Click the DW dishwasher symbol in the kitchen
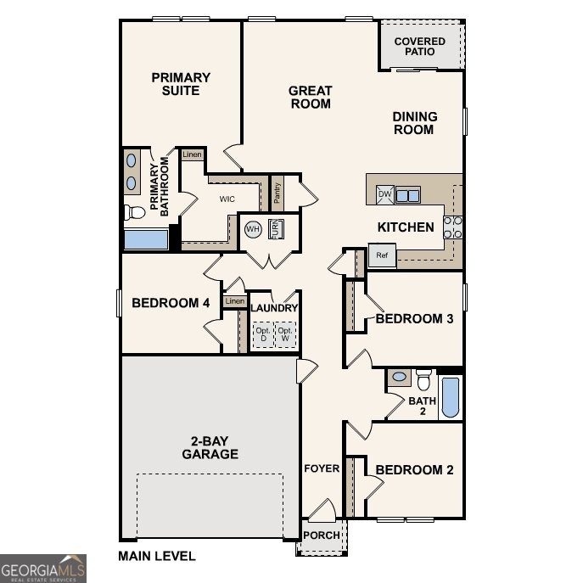point(384,194)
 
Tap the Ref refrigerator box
point(382,255)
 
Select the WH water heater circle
point(253,229)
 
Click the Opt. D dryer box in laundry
point(262,334)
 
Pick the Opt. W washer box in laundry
point(286,334)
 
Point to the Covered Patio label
point(420,46)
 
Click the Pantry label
point(277,193)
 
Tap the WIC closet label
point(227,199)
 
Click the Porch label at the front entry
point(322,535)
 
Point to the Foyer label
point(322,468)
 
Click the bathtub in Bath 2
point(451,396)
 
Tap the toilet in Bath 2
point(423,378)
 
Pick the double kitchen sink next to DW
point(407,195)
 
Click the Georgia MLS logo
point(42,568)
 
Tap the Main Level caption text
point(157,557)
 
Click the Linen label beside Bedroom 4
point(234,301)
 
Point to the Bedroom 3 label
point(414,319)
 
